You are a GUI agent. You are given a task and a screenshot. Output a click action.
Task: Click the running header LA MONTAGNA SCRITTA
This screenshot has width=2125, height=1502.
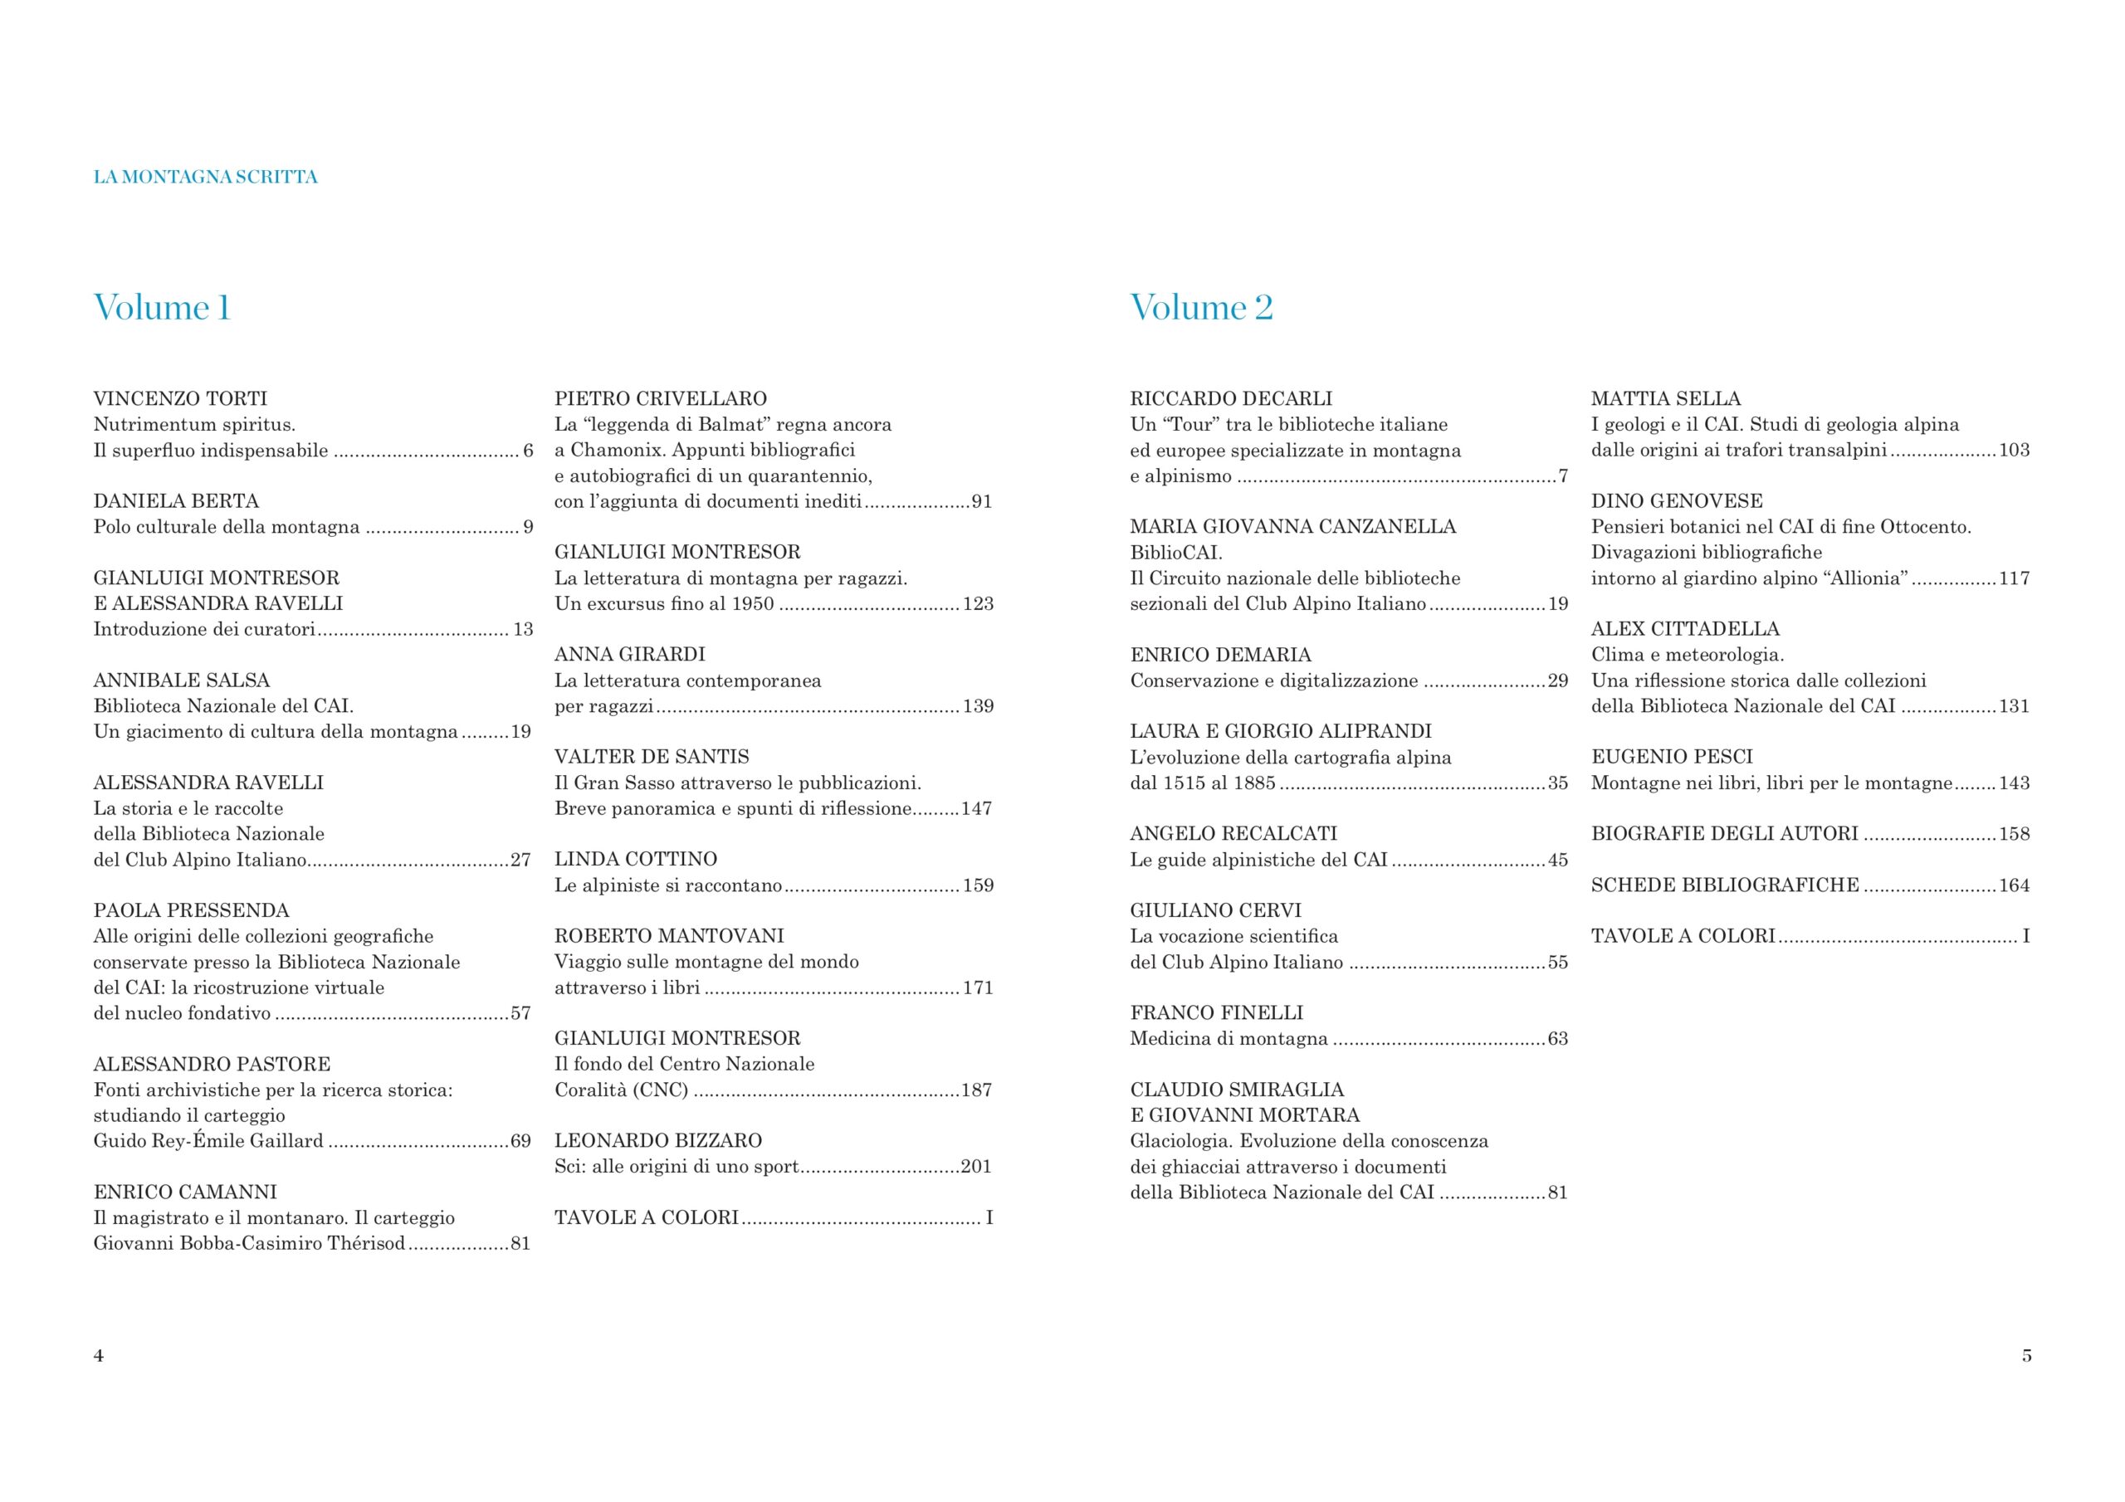coord(206,177)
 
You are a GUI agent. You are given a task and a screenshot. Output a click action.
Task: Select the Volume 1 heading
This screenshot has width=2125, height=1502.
coord(162,307)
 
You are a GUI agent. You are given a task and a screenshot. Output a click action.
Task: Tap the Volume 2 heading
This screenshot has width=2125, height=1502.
coord(1201,307)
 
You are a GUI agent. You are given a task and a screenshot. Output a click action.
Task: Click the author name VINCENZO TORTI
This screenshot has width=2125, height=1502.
coord(180,399)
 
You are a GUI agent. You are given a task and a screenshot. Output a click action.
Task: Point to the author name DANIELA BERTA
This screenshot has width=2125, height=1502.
coord(176,500)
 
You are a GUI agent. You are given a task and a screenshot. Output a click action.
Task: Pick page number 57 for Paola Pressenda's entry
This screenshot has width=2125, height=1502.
coord(521,1013)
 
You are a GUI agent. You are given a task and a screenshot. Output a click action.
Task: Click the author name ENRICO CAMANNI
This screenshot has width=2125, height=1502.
coord(185,1192)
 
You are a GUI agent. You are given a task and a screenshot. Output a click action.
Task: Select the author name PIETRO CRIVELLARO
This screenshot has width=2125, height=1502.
coord(661,399)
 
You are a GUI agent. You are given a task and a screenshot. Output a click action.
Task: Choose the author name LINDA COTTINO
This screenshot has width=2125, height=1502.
coord(636,859)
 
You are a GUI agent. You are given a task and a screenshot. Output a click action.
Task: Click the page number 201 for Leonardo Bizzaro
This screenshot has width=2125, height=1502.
coord(976,1166)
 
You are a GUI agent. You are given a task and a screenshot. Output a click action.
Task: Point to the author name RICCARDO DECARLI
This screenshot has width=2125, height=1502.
coord(1231,399)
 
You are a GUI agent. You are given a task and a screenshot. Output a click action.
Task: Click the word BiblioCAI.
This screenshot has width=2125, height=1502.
coord(1176,553)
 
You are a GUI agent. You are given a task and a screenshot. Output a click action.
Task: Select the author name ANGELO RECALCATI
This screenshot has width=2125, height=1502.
coord(1233,833)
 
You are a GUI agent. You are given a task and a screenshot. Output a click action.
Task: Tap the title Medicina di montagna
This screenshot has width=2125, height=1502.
coord(1229,1038)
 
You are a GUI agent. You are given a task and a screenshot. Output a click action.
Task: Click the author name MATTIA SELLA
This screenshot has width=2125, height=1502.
coord(1666,399)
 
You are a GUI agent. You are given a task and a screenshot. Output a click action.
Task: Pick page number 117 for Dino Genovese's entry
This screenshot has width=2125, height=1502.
coord(2014,578)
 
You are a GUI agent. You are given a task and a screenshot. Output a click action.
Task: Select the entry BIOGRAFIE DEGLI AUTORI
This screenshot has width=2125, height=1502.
coord(1724,833)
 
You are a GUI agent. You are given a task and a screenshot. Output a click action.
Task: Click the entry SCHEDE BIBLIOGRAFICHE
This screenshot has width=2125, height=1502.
coord(1725,885)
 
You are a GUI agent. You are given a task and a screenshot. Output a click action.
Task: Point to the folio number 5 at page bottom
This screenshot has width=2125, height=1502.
coord(2027,1356)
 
